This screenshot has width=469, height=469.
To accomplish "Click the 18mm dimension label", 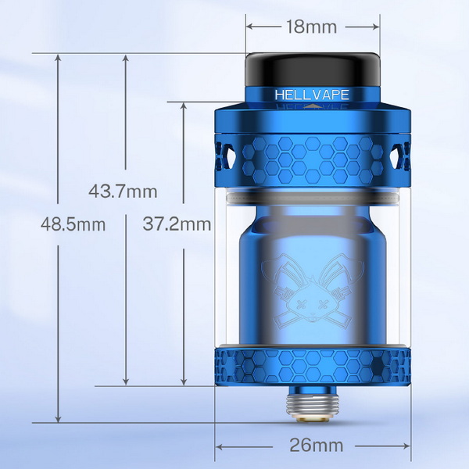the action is point(311,27).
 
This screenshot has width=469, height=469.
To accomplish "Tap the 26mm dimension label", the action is point(316,446).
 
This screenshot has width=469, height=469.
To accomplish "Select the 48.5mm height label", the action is point(73,224).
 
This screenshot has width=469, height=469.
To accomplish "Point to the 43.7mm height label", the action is point(123,192).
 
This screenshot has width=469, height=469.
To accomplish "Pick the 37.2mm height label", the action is point(177,224).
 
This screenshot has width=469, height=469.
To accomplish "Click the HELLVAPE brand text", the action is point(312,95).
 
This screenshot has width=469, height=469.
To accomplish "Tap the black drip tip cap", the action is point(313,70).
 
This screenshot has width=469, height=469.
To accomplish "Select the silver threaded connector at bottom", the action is point(313,404).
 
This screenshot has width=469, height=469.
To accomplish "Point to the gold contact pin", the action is point(313,420).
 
